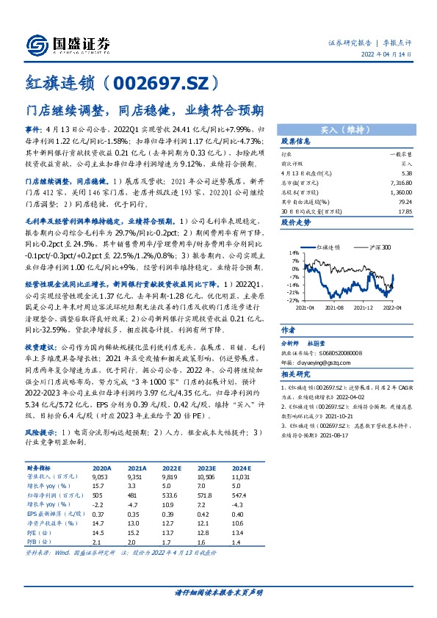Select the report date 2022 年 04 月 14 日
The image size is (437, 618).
tap(394, 54)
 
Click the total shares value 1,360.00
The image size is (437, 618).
tap(400, 192)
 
